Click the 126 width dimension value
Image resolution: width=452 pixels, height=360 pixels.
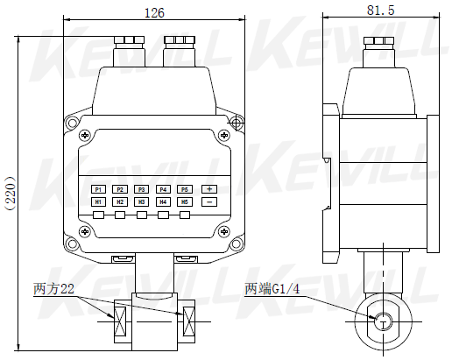click(x=155, y=12)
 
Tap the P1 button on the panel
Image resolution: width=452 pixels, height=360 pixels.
click(x=98, y=189)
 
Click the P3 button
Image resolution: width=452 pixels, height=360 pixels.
click(x=141, y=189)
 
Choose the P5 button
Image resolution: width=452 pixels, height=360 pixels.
click(x=184, y=189)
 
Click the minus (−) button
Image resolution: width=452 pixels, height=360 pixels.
click(x=209, y=202)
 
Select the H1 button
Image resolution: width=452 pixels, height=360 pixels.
click(x=98, y=202)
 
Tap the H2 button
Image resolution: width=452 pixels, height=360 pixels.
click(x=120, y=202)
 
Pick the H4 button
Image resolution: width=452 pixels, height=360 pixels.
click(x=163, y=202)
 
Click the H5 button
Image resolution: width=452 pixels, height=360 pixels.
click(x=184, y=202)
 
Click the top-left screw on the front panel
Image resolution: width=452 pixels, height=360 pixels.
click(x=85, y=135)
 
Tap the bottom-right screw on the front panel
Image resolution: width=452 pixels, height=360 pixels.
click(x=224, y=231)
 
